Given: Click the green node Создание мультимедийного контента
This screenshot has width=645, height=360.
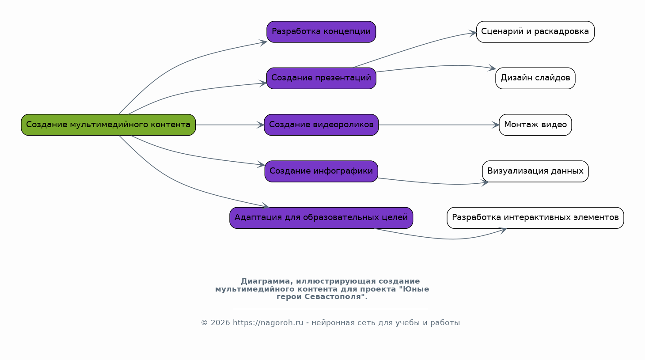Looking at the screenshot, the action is click(x=108, y=125).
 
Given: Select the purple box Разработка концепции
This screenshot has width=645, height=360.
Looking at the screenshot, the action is click(x=321, y=32).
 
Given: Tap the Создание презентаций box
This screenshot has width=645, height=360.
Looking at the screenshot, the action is click(x=321, y=78).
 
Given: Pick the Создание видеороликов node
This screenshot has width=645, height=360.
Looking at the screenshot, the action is click(x=321, y=125).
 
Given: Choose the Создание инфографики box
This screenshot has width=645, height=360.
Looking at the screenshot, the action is click(x=321, y=171).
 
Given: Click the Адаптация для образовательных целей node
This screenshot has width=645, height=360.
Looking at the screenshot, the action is click(x=321, y=218).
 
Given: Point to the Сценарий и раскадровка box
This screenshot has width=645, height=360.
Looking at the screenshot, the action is click(x=535, y=32).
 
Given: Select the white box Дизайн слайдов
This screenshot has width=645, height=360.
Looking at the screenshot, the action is click(x=535, y=78).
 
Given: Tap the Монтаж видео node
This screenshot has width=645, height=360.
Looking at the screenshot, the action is click(x=535, y=125).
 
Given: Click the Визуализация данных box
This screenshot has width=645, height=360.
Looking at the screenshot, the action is click(x=535, y=171).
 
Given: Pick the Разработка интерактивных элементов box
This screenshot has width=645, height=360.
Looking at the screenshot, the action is click(x=535, y=218).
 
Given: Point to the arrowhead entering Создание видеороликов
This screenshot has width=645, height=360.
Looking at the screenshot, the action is click(x=261, y=125).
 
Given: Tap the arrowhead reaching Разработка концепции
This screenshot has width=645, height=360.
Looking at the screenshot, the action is click(x=263, y=43).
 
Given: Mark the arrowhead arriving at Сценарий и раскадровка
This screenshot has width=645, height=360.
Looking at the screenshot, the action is click(x=473, y=33).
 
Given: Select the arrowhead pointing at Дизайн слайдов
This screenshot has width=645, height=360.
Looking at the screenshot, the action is click(x=492, y=68).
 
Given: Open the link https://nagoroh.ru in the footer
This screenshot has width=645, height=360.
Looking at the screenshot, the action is click(x=268, y=322).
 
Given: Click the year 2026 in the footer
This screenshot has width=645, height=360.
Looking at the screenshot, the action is click(x=220, y=322).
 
